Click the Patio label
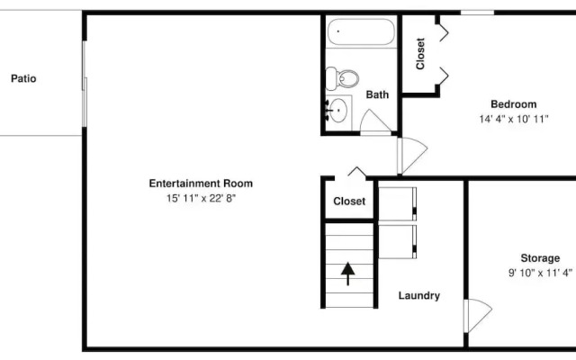point(23,78)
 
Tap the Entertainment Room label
point(194,184)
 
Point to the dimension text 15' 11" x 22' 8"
point(194,198)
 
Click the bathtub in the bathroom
point(360,32)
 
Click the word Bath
point(377,94)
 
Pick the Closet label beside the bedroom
point(420,53)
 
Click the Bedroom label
point(513,104)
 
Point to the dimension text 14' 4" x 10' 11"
point(513,119)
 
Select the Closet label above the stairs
point(349,202)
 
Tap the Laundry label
point(418,295)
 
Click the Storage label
point(539,258)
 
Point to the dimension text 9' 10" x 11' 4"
point(539,273)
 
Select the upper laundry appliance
point(397,202)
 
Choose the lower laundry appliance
point(397,240)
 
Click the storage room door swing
point(477,314)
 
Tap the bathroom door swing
point(375,122)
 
